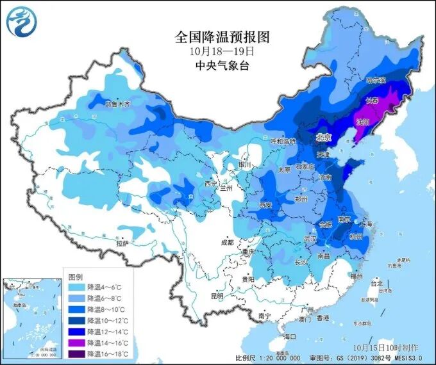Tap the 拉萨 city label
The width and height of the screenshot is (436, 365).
(122, 243)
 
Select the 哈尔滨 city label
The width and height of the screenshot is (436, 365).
(375, 81)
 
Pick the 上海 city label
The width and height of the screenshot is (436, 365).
(367, 224)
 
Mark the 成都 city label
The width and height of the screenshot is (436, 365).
(227, 243)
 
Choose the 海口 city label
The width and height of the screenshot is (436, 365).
(290, 336)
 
